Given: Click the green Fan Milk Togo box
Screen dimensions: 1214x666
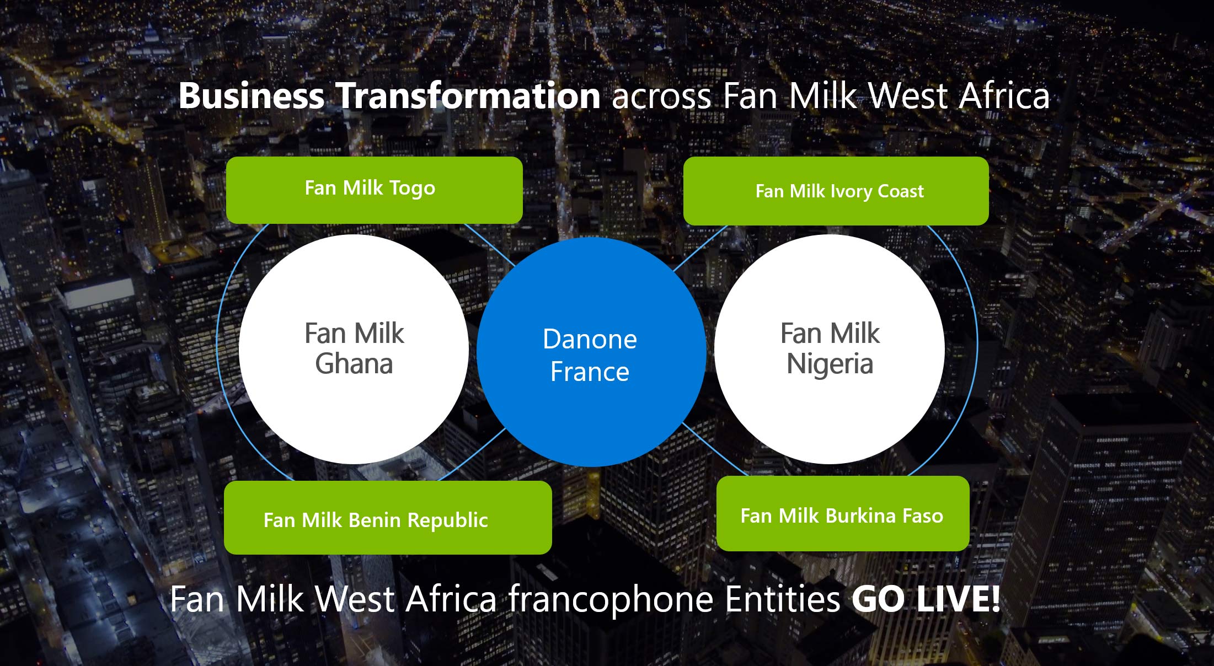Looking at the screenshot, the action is (375, 190).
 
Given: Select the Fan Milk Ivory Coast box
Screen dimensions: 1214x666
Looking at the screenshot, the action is (836, 191).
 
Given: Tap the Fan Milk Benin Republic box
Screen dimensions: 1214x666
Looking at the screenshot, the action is (388, 518).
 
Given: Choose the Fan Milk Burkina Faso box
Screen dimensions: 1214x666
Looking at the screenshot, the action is (843, 513).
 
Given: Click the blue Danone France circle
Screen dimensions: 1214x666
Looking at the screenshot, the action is (591, 352).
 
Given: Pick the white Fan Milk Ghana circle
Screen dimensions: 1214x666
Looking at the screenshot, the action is (354, 349).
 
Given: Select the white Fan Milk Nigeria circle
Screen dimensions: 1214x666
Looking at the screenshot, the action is (830, 349).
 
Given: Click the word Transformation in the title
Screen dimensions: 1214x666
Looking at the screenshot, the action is (468, 95).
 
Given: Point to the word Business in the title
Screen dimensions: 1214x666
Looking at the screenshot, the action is (252, 95).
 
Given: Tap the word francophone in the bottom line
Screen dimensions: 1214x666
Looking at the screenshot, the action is (611, 599).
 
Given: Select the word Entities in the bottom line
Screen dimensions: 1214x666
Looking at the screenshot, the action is (783, 599).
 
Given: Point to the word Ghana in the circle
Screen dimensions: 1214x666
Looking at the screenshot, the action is (354, 364).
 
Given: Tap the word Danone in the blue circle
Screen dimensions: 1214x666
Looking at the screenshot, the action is (590, 339).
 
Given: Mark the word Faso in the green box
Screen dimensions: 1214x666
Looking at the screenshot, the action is (923, 515).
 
